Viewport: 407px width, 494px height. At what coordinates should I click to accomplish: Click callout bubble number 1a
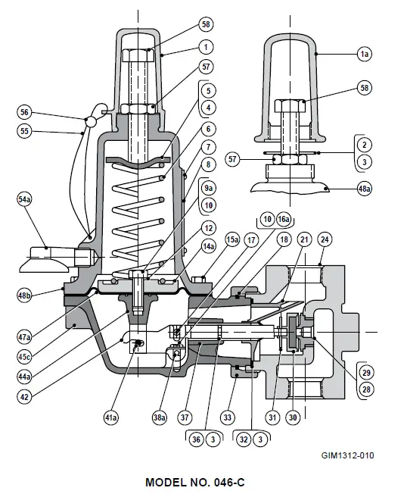(364, 54)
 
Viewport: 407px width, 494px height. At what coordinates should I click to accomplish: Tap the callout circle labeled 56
(25, 112)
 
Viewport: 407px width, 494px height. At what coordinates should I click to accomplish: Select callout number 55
(25, 130)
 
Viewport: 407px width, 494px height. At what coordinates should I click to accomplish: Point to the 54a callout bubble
(25, 199)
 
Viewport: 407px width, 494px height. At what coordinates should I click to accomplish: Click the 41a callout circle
(111, 416)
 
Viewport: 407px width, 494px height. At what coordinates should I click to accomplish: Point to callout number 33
(226, 416)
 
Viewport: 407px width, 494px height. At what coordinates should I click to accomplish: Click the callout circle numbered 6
(208, 130)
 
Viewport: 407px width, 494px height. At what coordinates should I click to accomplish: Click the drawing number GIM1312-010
(347, 455)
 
